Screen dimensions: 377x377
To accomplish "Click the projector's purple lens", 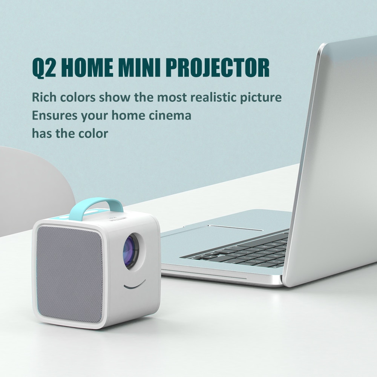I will [131, 250].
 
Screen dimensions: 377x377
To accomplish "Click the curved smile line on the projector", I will [135, 284].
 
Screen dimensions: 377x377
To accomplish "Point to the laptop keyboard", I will [241, 251].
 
